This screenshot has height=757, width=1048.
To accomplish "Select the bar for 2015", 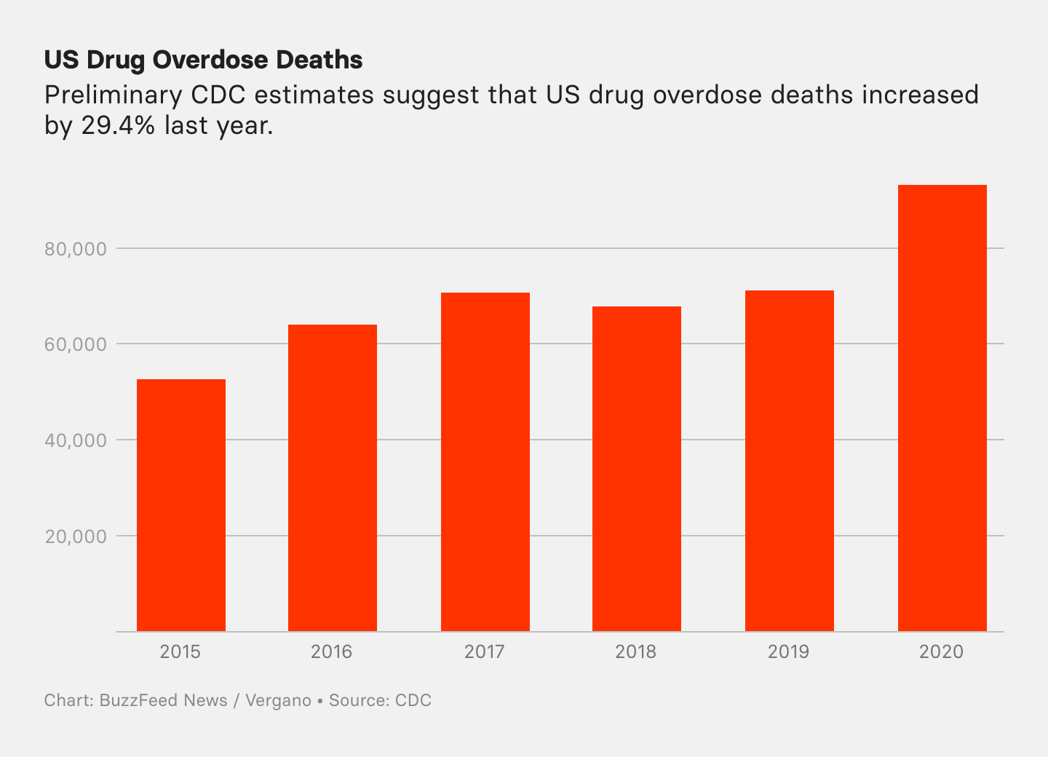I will (181, 505).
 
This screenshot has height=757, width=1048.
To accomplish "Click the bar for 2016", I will (333, 477).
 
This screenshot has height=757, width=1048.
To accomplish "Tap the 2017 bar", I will (485, 461).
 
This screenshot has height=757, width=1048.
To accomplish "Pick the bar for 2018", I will (637, 469).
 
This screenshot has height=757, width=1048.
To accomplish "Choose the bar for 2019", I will (790, 461).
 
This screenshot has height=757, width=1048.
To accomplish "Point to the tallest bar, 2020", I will (942, 408).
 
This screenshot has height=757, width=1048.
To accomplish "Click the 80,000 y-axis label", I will (76, 249).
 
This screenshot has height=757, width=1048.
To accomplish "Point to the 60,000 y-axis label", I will (76, 344).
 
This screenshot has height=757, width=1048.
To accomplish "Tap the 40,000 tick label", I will (76, 440).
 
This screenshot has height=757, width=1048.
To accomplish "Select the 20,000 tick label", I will (76, 536).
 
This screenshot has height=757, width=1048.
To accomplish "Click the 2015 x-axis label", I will (180, 651).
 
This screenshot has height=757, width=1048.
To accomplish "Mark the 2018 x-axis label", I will (636, 651).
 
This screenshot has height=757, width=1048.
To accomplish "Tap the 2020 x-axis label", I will (941, 651).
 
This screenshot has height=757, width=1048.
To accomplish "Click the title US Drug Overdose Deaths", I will (203, 60).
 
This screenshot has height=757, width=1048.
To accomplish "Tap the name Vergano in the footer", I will (278, 700).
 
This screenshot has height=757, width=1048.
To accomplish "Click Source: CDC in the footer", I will (380, 700).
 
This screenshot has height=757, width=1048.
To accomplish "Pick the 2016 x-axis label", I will (332, 651).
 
